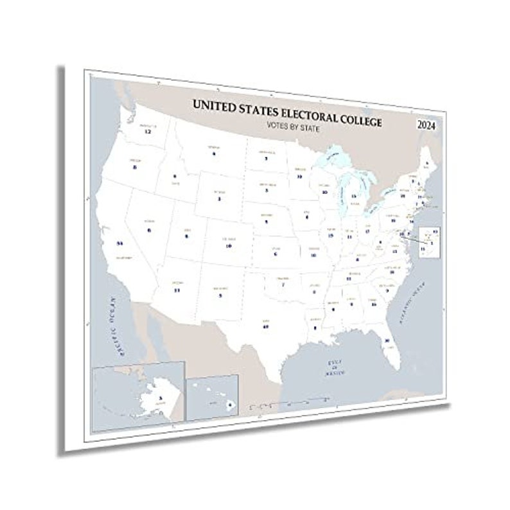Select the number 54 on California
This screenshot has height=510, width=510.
click(x=119, y=243)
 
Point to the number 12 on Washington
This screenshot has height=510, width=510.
click(x=147, y=131)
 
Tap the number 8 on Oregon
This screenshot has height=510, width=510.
click(x=135, y=167)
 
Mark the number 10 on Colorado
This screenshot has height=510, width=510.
click(x=228, y=245)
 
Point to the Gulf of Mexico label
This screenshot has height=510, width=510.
click(x=335, y=368)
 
